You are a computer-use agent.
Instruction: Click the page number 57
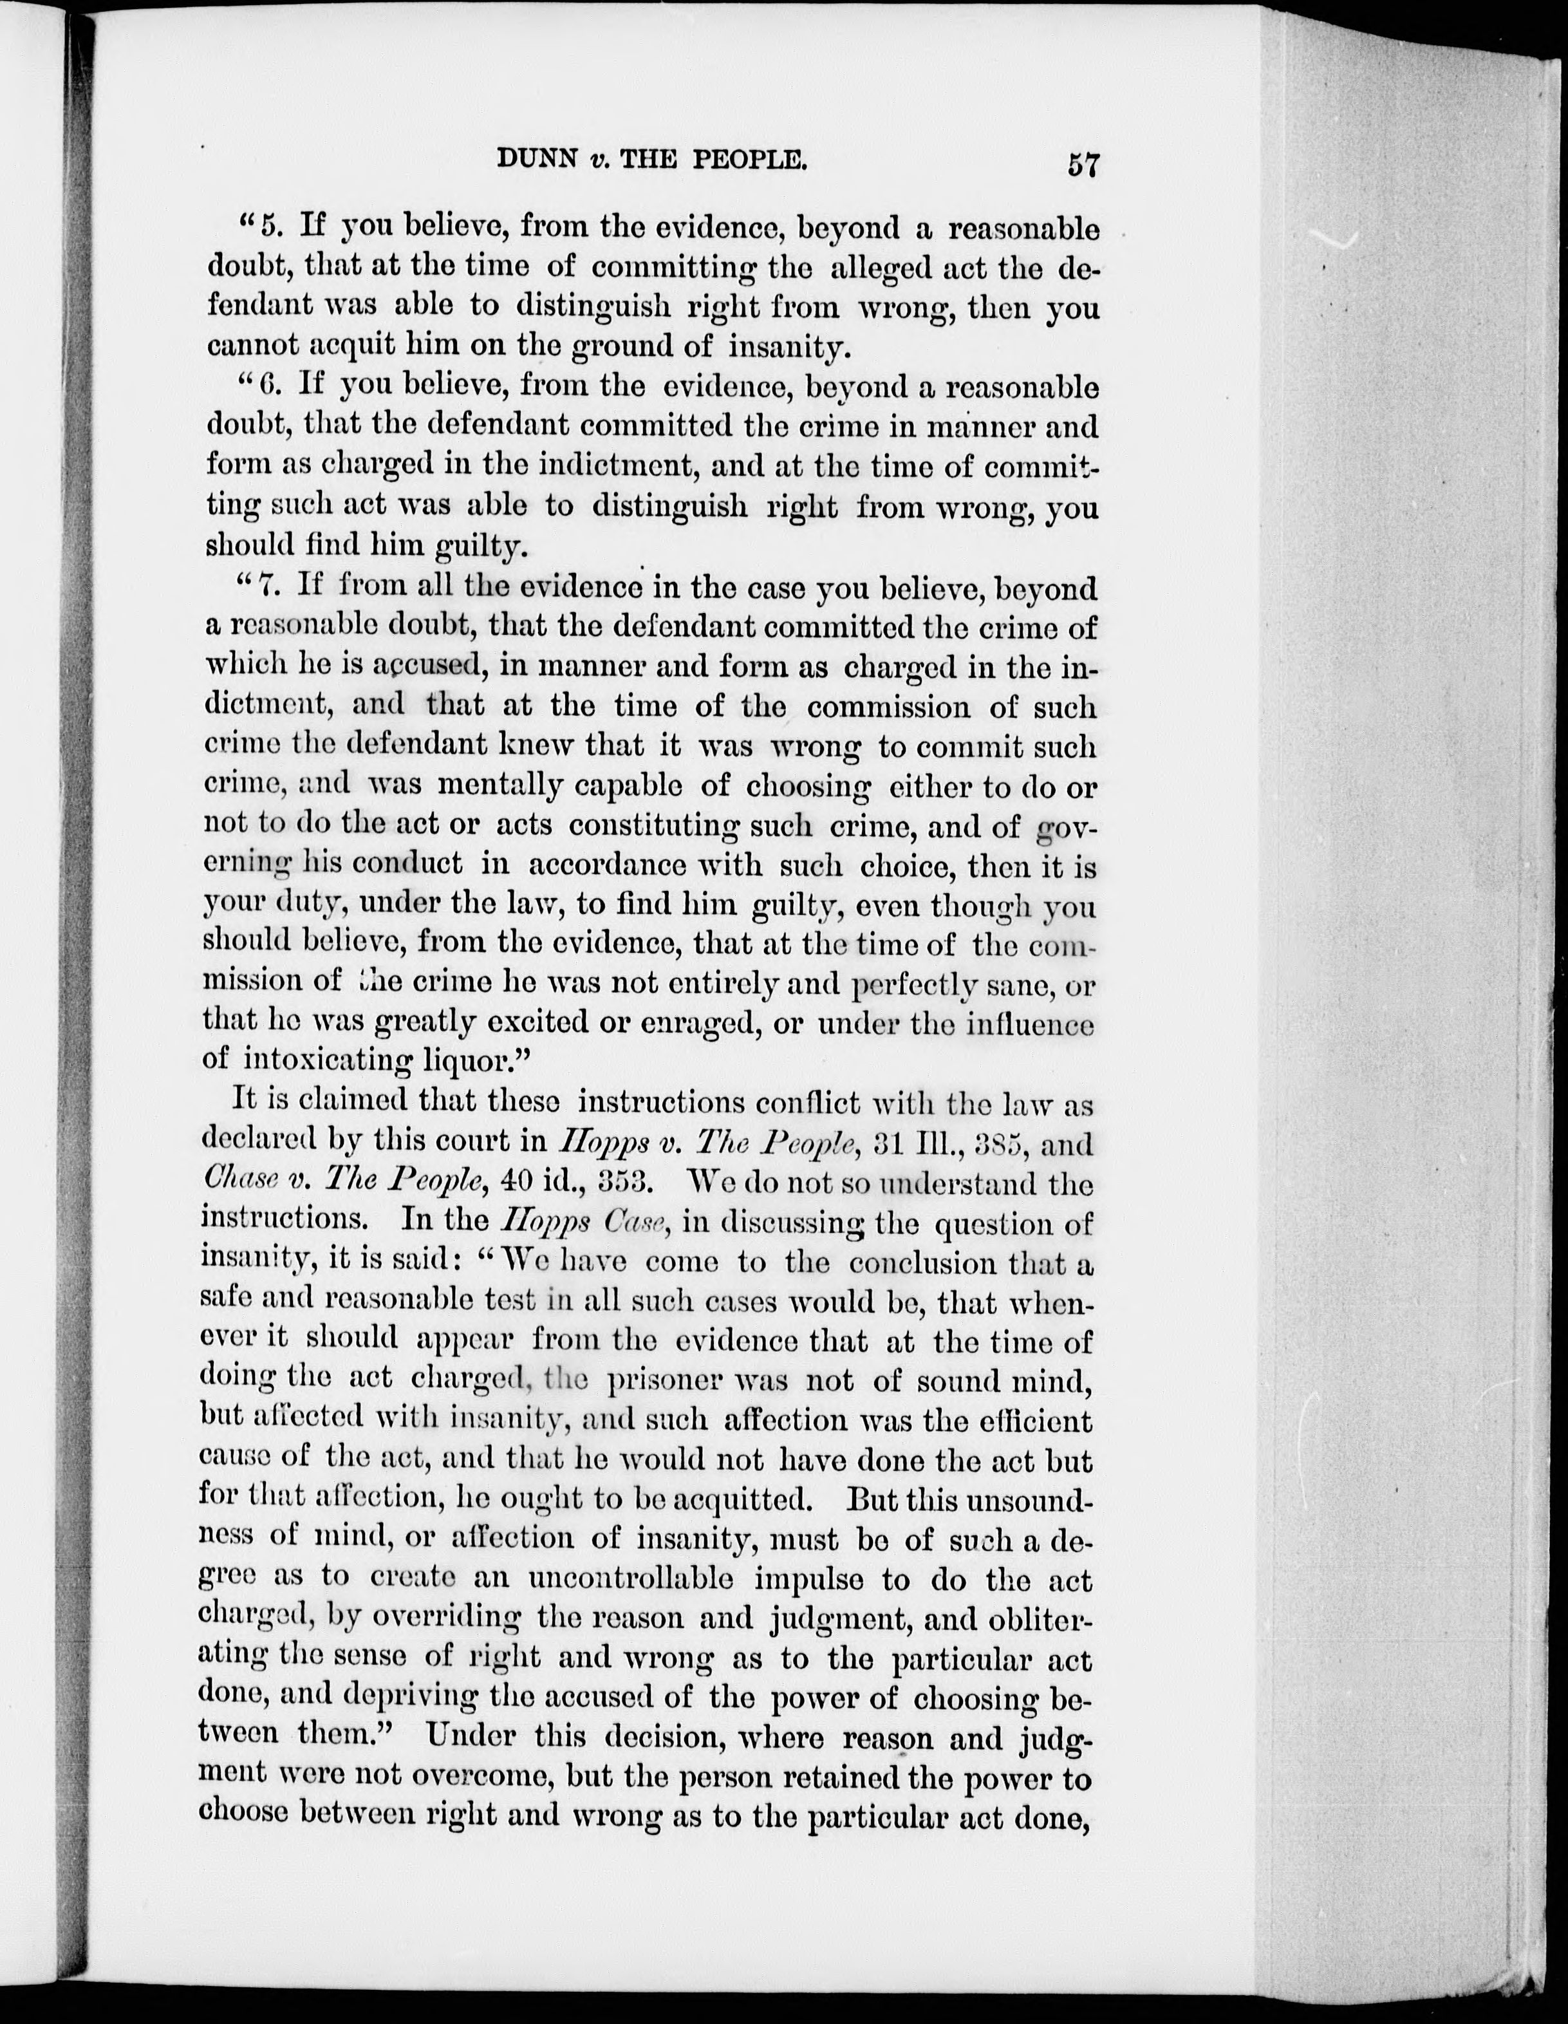pyautogui.click(x=1083, y=164)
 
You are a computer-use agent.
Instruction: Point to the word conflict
pyautogui.click(x=815, y=1104)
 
